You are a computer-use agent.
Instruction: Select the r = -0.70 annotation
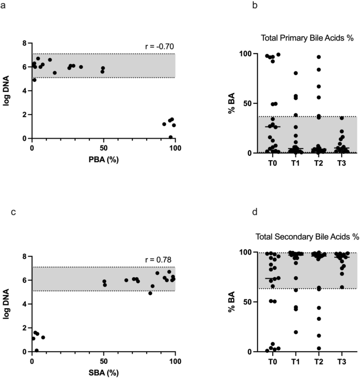click(160, 47)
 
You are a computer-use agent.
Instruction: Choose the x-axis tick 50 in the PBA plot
click(104, 148)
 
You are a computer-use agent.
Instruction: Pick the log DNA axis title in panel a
click(8, 91)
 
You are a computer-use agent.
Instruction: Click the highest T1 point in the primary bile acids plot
click(296, 73)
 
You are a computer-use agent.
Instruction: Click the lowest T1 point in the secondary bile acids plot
click(296, 332)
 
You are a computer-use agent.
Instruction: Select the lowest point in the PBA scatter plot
click(171, 137)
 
